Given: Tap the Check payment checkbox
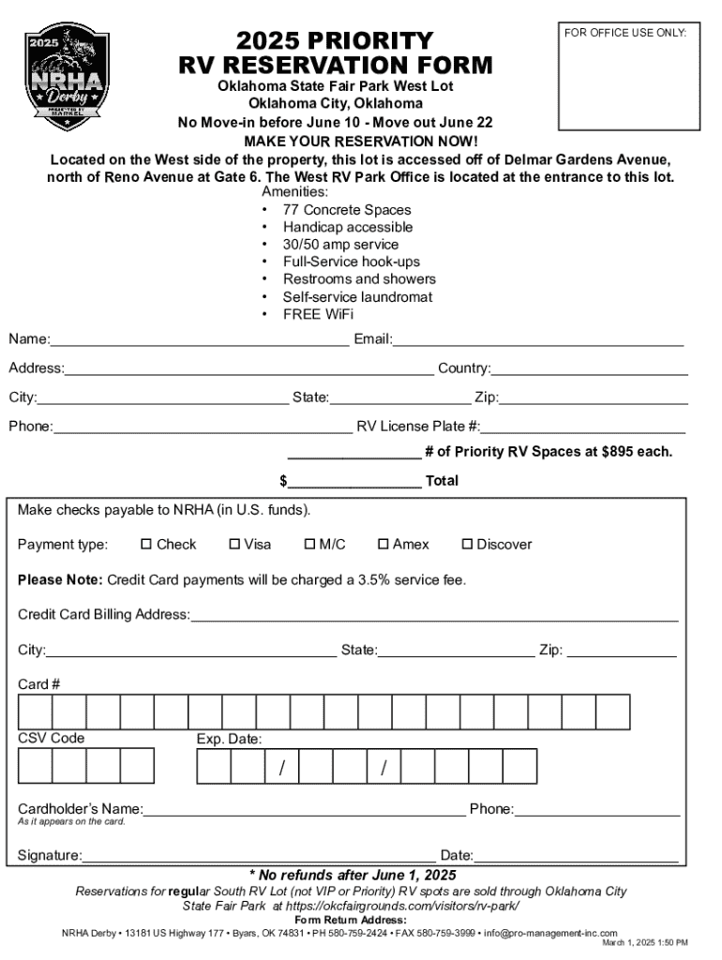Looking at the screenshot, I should [146, 544].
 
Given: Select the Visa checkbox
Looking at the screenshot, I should [234, 544].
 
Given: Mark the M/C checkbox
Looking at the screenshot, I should [309, 544].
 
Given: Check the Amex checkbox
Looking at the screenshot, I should [383, 544].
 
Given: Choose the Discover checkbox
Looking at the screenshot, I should [467, 544].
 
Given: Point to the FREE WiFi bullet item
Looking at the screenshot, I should [318, 315].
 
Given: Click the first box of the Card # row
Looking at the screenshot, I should [35, 712].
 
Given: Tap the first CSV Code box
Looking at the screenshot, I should [35, 765].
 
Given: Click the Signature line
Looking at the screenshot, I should [258, 856].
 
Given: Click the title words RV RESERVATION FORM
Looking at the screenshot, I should [335, 65].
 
